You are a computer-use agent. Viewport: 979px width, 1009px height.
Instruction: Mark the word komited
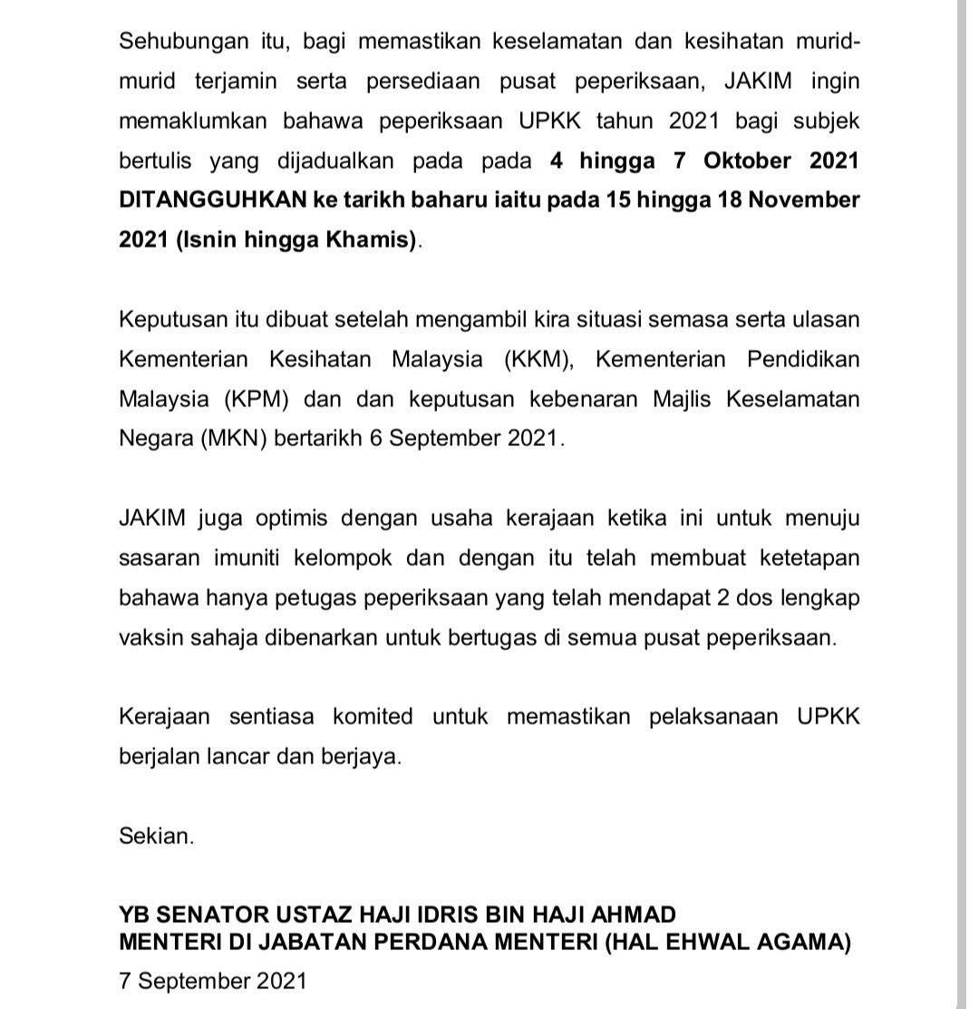pos(372,717)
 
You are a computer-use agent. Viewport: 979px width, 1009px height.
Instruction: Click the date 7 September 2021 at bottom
pos(213,981)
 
